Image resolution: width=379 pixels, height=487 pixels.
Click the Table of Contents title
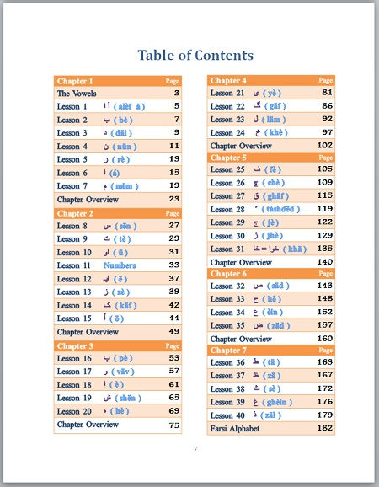[195, 56]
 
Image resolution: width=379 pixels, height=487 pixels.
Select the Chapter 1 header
[75, 81]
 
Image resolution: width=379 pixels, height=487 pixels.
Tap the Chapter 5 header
[228, 158]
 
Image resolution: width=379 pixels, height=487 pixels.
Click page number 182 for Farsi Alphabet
[325, 428]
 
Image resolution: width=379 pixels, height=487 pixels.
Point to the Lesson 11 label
[73, 265]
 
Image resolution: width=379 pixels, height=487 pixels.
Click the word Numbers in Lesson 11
[120, 265]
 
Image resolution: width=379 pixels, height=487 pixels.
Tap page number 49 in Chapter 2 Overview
[173, 332]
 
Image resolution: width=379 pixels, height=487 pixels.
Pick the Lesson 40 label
[227, 415]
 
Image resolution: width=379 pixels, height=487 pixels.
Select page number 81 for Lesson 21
[327, 93]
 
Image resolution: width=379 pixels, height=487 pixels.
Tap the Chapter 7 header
[228, 350]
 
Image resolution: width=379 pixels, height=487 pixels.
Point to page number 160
[325, 338]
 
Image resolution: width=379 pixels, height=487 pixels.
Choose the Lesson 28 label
[227, 209]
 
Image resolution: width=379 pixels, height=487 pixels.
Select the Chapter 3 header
[75, 345]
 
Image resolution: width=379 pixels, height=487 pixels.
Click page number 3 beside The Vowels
[177, 94]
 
